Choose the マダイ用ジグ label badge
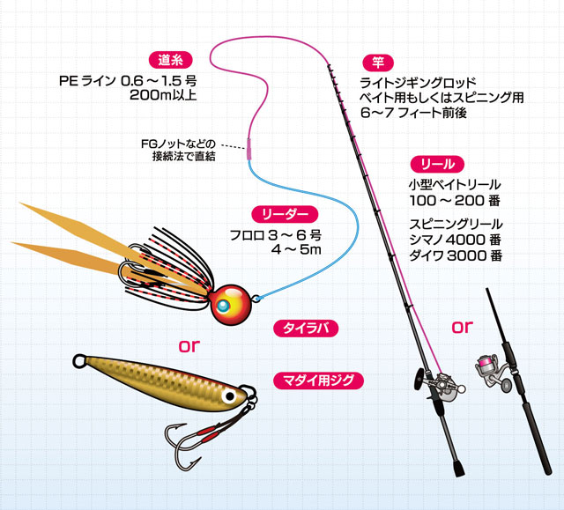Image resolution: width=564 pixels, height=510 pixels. (x=318, y=381)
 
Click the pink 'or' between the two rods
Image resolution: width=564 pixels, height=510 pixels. (x=464, y=329)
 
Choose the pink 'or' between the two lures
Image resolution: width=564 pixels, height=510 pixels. (x=190, y=344)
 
